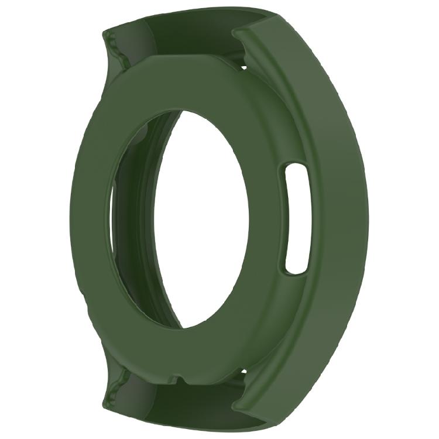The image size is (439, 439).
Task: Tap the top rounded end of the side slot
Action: pyautogui.click(x=296, y=170)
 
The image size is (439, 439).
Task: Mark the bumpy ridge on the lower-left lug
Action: pyautogui.click(x=117, y=383)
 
